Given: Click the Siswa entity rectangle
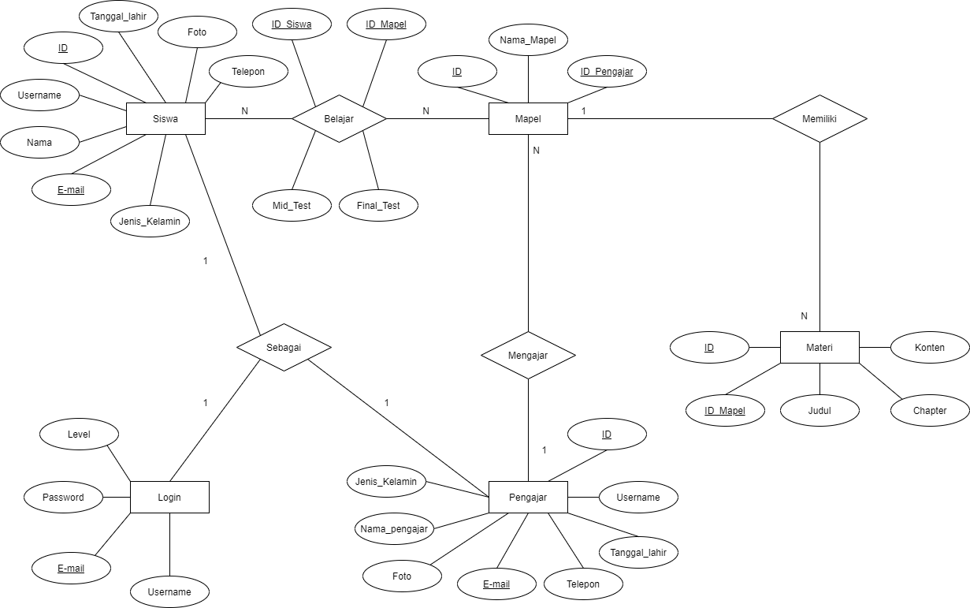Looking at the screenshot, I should click(165, 119).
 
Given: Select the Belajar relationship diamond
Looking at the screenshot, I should click(339, 119).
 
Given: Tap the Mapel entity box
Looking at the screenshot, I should click(528, 119).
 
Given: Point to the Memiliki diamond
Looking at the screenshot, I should click(819, 119).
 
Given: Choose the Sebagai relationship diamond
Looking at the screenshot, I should click(284, 347).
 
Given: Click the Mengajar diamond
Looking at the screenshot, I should click(528, 355).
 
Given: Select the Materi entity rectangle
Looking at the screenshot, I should click(819, 347).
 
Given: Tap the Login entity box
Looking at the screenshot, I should click(169, 497).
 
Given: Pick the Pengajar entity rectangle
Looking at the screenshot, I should click(528, 497).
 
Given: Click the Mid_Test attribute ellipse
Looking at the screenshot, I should click(292, 206).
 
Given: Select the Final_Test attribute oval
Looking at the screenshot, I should click(378, 206).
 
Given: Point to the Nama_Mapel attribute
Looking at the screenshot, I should click(528, 40).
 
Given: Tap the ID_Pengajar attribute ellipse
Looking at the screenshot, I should click(607, 72).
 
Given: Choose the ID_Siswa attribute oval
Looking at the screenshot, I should click(292, 24).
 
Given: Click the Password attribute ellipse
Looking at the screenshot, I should click(63, 497).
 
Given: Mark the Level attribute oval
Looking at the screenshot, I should click(79, 434).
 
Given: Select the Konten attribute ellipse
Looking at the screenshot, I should click(930, 347).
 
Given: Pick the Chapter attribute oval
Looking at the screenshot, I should click(930, 410).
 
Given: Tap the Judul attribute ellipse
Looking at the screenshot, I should click(819, 410).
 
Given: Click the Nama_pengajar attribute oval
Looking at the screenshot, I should click(394, 528).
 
